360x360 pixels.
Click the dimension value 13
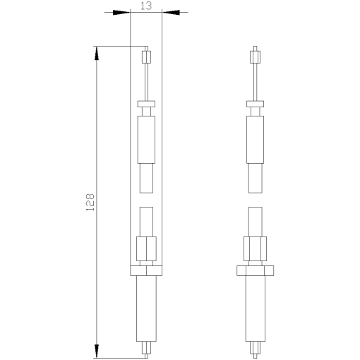(x=146, y=6)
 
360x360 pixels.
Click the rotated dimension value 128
(x=90, y=203)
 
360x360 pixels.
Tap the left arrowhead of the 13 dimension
(x=122, y=12)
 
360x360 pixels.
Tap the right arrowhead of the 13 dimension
(x=170, y=12)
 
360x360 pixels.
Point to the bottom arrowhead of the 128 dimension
(x=96, y=350)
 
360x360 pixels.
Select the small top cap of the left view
(x=147, y=55)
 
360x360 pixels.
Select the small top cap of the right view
(x=256, y=55)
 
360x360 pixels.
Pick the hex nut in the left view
(x=147, y=248)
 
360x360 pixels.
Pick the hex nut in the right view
(x=256, y=248)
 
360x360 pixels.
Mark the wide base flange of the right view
(x=256, y=270)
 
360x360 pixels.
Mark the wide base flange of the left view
(x=147, y=270)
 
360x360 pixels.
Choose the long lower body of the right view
(x=256, y=308)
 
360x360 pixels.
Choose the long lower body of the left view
(x=147, y=308)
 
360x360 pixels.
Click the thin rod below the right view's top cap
(x=256, y=80)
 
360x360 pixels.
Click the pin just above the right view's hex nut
(x=256, y=222)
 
